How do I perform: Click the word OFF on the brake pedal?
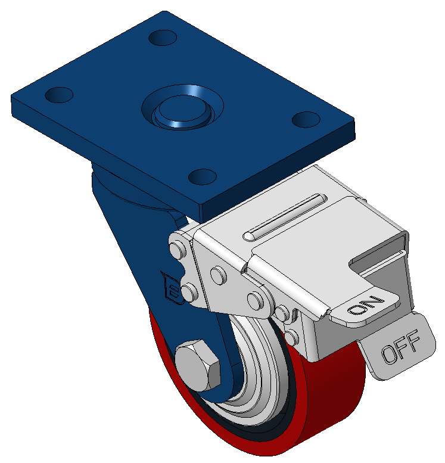(x=400, y=347)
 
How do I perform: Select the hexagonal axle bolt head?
(x=198, y=365)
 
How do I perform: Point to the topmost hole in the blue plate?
(x=163, y=38)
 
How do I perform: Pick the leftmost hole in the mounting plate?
(x=59, y=95)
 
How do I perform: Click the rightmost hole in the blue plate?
(x=306, y=119)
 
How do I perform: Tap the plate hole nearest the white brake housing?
(x=203, y=176)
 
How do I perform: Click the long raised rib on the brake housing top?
(x=285, y=217)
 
